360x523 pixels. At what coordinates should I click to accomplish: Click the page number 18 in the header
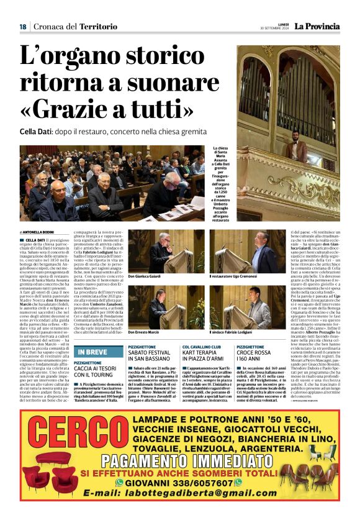[22, 27]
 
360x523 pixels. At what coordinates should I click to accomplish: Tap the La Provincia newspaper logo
[317, 26]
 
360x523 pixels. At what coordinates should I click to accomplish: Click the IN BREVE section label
[92, 352]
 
